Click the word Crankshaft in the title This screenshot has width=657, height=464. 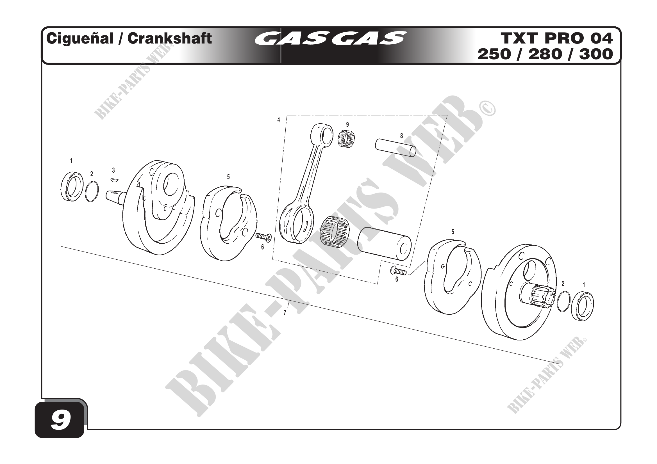[169, 38]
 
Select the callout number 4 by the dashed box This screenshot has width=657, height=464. [278, 120]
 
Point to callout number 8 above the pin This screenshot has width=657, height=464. [401, 136]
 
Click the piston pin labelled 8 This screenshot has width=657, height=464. [395, 148]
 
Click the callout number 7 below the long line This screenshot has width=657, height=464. [285, 312]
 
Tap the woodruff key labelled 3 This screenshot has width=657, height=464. [114, 180]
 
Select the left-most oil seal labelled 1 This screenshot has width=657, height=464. [72, 186]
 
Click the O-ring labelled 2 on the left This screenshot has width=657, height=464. [92, 191]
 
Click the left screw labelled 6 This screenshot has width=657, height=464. [263, 236]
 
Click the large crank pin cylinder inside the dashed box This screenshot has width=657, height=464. [384, 241]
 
